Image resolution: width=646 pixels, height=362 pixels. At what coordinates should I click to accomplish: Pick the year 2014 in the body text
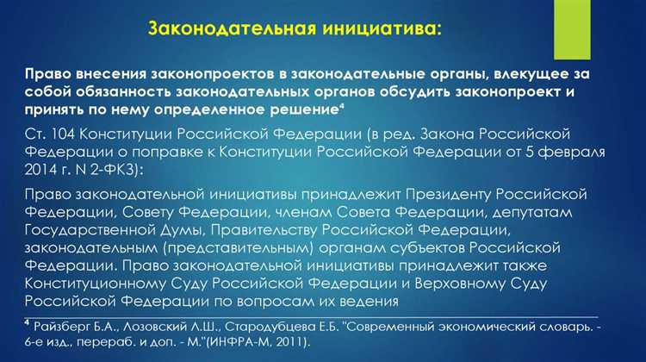click(40, 171)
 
